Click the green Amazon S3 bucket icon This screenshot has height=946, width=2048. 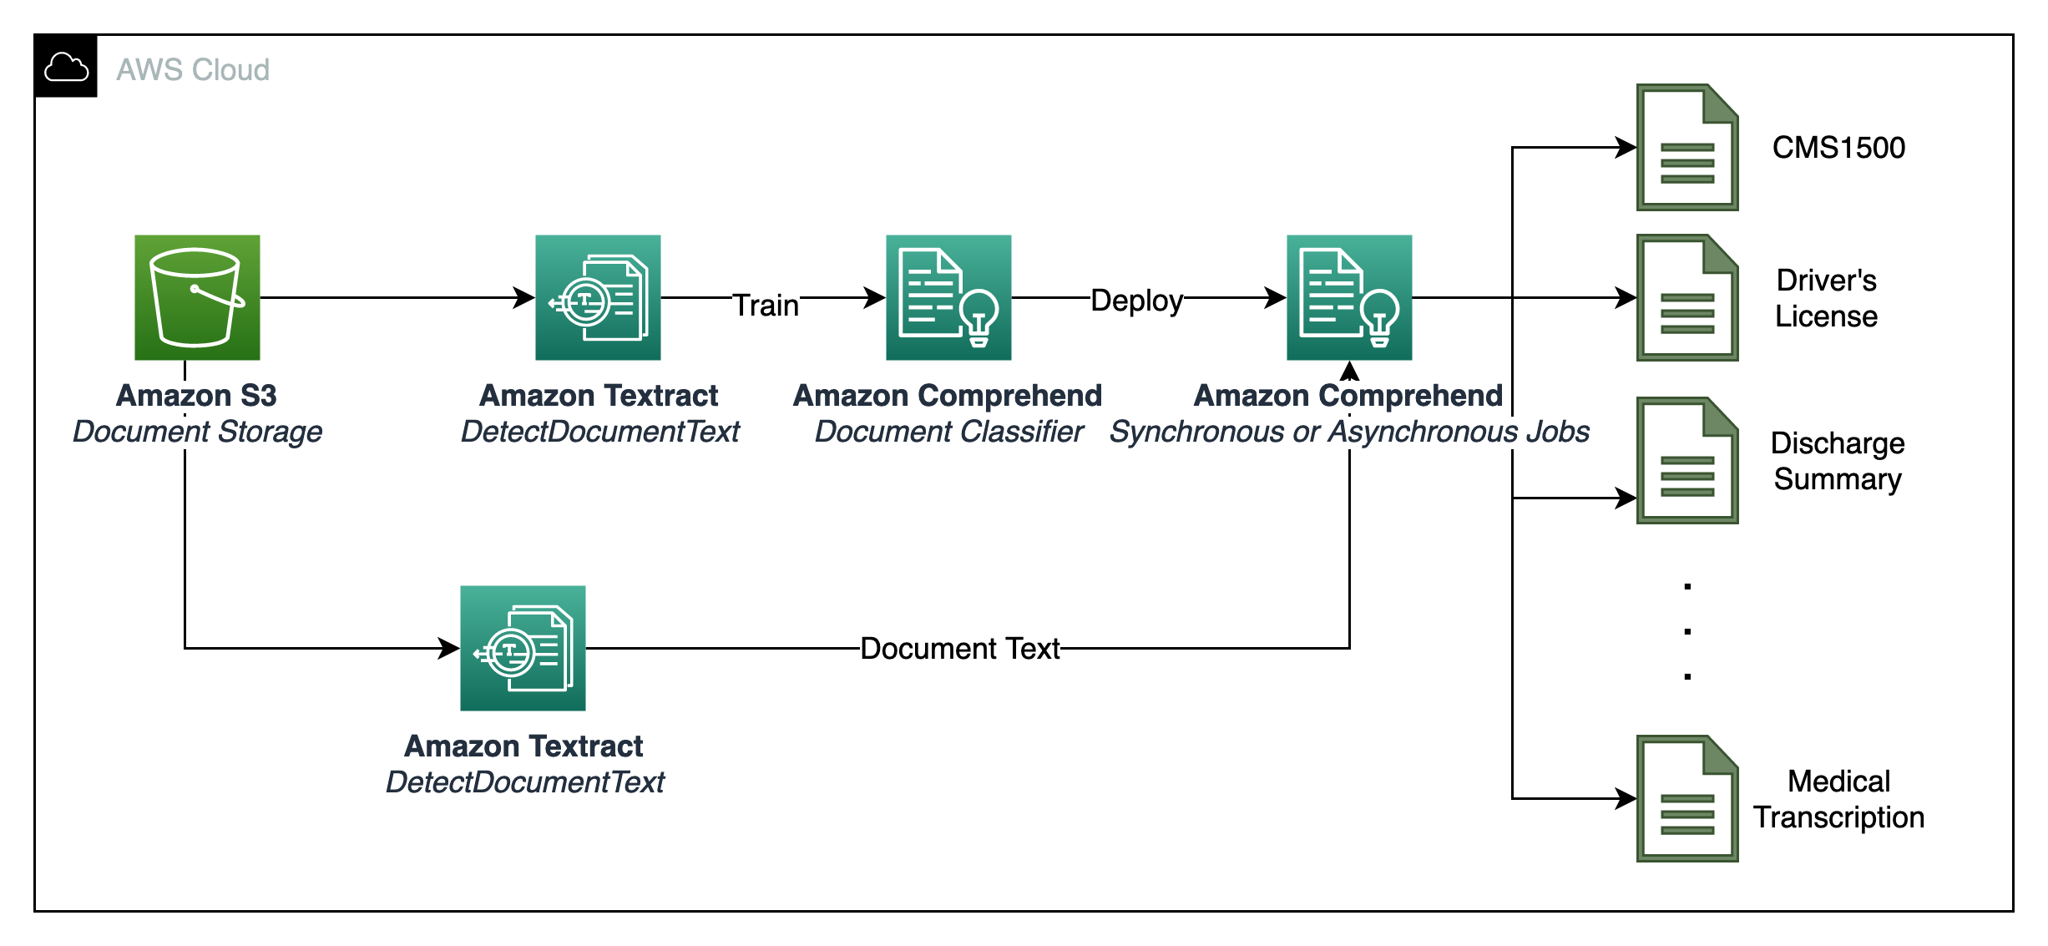pyautogui.click(x=197, y=297)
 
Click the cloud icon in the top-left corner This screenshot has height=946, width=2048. pyautogui.click(x=66, y=67)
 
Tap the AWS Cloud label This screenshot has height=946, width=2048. pyautogui.click(x=193, y=69)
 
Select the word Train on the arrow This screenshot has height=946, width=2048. pyautogui.click(x=766, y=305)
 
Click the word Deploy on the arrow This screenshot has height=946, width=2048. pyautogui.click(x=1136, y=300)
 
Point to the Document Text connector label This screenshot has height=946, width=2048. pyautogui.click(x=959, y=648)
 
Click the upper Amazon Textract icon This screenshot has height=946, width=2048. pyautogui.click(x=598, y=297)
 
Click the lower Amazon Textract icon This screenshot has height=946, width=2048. pyautogui.click(x=523, y=648)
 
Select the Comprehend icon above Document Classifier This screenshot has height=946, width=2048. pyautogui.click(x=948, y=297)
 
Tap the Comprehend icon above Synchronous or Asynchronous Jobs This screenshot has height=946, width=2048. pyautogui.click(x=1349, y=297)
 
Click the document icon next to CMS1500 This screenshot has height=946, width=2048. pyautogui.click(x=1686, y=147)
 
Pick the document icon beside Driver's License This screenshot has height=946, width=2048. pyautogui.click(x=1686, y=297)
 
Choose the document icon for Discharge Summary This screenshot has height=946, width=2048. pyautogui.click(x=1686, y=460)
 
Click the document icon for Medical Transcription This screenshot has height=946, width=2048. pyautogui.click(x=1686, y=798)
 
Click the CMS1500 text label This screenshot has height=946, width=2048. pyautogui.click(x=1838, y=148)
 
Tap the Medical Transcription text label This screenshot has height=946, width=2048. pyautogui.click(x=1838, y=799)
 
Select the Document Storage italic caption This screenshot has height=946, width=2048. pyautogui.click(x=197, y=432)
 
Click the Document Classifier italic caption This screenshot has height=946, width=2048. pyautogui.click(x=948, y=432)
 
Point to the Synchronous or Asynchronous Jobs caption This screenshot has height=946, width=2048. pyautogui.click(x=1349, y=432)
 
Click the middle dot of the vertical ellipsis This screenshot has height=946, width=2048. pyautogui.click(x=1687, y=631)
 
